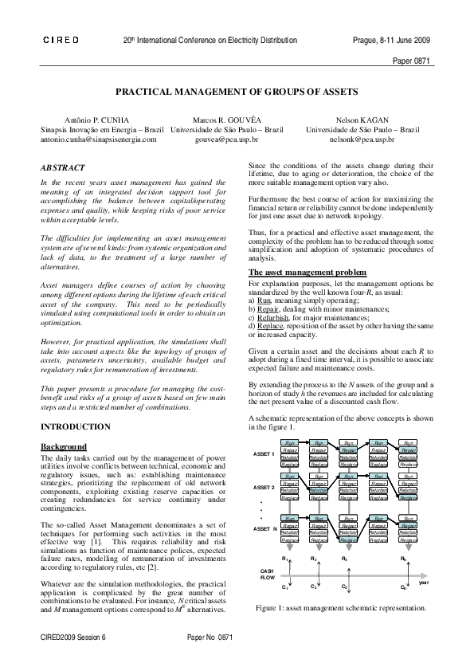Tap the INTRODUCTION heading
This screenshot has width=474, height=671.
tap(75, 427)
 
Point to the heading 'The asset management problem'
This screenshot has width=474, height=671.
tap(300, 273)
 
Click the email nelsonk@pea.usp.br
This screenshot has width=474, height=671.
tap(362, 138)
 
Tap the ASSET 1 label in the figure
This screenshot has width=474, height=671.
tap(264, 454)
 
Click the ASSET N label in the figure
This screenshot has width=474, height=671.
tap(264, 528)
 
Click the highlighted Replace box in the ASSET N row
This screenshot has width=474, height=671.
tap(348, 540)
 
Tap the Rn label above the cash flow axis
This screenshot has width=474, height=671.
tap(404, 559)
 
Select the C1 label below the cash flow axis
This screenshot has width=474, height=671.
tap(285, 587)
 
